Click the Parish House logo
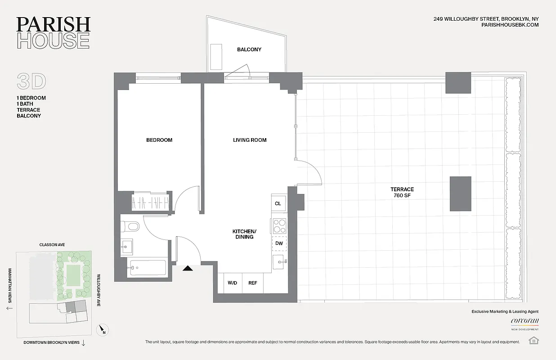54,33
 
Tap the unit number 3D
31,81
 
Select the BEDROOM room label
159,140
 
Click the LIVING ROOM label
250,140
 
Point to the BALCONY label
249,49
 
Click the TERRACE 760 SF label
402,193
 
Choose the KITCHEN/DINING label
243,234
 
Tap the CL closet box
278,204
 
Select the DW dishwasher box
279,243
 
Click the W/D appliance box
233,283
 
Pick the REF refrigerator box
253,283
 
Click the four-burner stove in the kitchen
279,225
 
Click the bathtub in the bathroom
146,267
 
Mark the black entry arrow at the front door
188,268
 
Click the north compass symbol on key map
103,330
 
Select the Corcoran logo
525,321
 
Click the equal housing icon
534,340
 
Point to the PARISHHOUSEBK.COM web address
510,25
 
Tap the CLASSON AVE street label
52,245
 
